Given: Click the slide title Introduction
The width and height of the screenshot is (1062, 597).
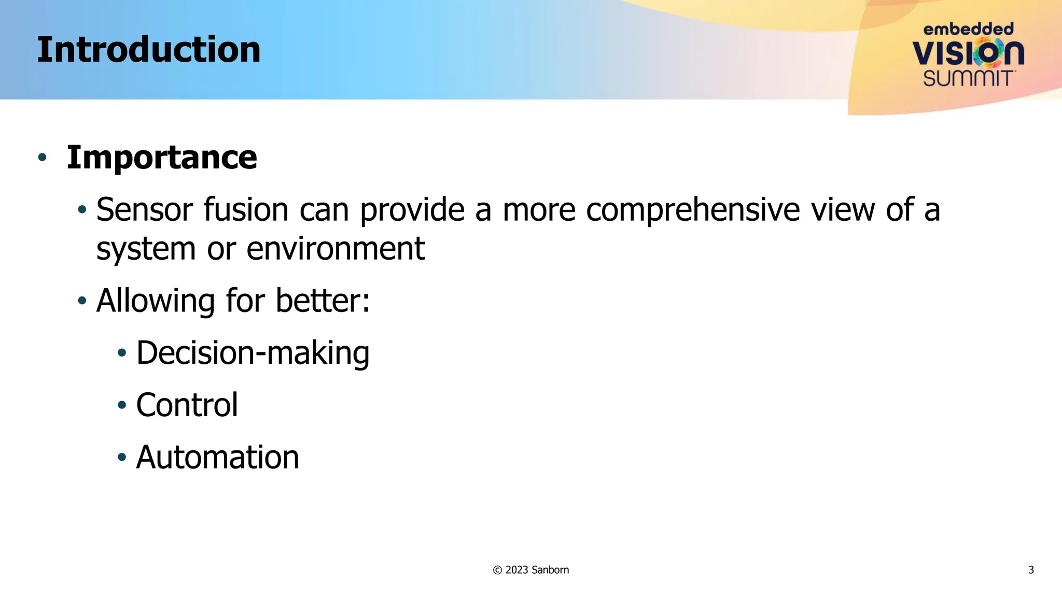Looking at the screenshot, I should [x=148, y=50].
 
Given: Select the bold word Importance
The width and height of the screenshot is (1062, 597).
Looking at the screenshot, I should [x=162, y=158].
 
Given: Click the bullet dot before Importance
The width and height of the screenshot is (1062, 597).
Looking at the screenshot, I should [x=43, y=157].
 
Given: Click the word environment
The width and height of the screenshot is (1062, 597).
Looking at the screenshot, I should [x=336, y=249].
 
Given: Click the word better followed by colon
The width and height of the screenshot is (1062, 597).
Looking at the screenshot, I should [x=323, y=301].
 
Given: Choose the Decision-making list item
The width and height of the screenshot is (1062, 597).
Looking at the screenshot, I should [x=253, y=353].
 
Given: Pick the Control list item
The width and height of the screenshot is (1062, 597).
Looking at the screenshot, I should [x=187, y=405].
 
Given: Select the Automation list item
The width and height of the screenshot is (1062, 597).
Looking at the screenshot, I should [x=217, y=458].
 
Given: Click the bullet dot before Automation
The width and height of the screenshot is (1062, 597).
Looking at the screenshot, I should [x=122, y=458].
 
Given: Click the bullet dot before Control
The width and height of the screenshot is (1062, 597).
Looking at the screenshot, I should [x=122, y=405].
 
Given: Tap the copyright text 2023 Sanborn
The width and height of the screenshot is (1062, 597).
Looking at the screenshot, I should [x=530, y=570].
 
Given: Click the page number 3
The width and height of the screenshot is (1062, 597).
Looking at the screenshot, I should [x=1031, y=570].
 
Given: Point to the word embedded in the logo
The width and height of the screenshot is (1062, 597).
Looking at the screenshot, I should [x=968, y=29].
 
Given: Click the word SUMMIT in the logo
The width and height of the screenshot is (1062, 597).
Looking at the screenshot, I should [x=968, y=79].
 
